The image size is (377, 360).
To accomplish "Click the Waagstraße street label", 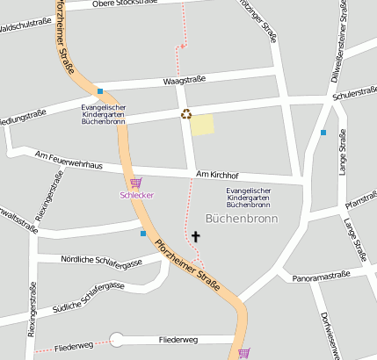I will click(184, 80).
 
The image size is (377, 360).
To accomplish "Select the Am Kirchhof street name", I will click(218, 174).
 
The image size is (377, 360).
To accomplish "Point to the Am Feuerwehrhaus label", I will click(69, 160).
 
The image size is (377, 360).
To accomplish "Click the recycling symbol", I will click(185, 112).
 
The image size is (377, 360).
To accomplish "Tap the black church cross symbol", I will click(196, 236).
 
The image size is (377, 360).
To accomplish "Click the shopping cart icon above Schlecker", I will click(135, 183).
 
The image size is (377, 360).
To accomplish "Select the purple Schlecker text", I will click(136, 195).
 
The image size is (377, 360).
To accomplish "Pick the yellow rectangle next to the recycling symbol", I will click(202, 125).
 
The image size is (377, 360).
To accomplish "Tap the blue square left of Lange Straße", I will click(323, 133).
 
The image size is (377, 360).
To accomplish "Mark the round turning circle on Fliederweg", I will click(117, 341).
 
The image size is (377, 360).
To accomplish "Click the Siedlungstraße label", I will click(21, 115).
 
